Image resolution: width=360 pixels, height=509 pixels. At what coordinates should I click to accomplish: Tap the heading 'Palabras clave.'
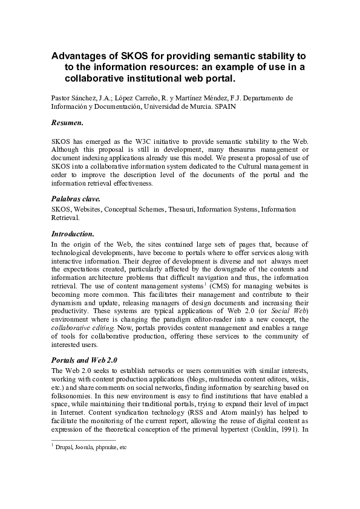coord(76,198)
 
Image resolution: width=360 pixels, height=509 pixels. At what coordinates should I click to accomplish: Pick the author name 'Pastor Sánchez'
coord(73,97)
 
